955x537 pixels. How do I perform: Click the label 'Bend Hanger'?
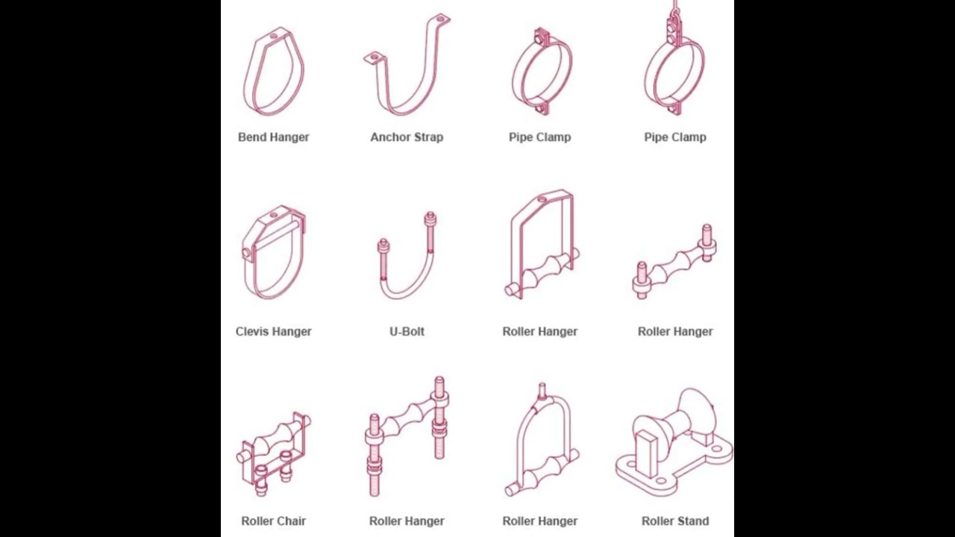click(x=273, y=137)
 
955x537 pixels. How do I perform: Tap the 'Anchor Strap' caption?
click(x=407, y=137)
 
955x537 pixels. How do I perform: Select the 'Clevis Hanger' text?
click(x=273, y=332)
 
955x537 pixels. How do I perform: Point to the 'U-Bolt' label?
click(x=407, y=332)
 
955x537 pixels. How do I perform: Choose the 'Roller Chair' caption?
click(x=273, y=521)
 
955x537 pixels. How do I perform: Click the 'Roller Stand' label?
click(x=675, y=521)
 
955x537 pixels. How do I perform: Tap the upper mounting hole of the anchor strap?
click(x=441, y=19)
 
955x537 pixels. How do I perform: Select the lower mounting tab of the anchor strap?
click(x=375, y=58)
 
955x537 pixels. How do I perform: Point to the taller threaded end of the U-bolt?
click(x=430, y=232)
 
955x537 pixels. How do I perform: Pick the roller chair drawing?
click(x=274, y=453)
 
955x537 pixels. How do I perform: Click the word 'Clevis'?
click(x=252, y=332)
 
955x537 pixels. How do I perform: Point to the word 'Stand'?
click(x=693, y=521)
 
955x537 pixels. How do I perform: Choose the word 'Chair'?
click(x=291, y=521)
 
